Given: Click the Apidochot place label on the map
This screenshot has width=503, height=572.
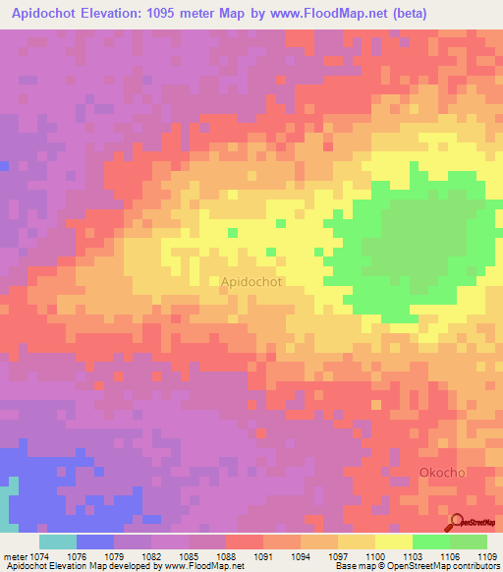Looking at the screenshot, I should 251,282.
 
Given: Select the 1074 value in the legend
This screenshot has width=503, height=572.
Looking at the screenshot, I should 40,556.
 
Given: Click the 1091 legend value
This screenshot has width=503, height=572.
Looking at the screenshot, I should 263,556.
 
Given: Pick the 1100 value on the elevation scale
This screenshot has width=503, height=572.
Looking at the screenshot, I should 375,556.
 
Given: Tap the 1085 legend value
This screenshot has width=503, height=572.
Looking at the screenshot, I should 189,556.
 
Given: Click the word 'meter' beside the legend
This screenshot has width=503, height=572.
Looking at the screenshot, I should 15,556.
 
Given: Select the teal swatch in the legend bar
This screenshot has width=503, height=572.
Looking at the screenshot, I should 58,542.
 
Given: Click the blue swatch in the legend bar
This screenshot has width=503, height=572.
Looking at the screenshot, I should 95,542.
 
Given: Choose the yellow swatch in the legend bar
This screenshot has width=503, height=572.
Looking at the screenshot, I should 393,542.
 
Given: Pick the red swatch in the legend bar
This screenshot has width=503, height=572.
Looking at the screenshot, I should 244,542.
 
